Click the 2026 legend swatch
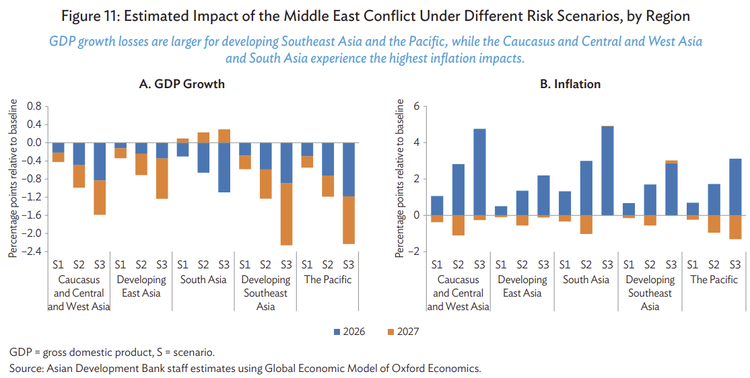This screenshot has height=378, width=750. (x=337, y=332)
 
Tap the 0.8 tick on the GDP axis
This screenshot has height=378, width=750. (x=34, y=106)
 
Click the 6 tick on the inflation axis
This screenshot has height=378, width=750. (x=417, y=106)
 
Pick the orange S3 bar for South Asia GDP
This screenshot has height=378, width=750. (x=224, y=136)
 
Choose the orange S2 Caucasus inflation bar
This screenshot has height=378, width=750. (x=458, y=225)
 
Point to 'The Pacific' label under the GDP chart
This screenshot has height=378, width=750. (x=328, y=280)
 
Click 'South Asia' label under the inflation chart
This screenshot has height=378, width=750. (x=586, y=280)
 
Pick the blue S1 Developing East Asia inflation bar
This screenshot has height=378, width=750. (x=500, y=211)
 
